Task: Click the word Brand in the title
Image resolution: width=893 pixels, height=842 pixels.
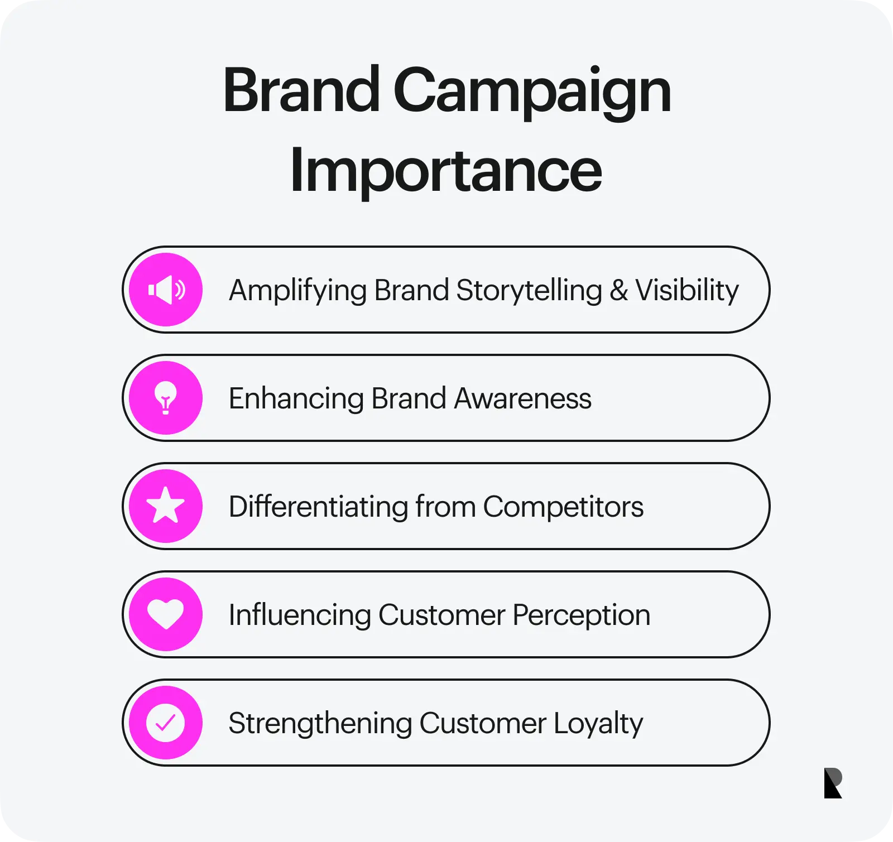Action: [301, 90]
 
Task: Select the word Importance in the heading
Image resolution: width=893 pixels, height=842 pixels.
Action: [446, 170]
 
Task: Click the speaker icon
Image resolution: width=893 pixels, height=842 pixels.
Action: [166, 290]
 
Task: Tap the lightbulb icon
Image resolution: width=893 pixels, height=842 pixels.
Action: [166, 398]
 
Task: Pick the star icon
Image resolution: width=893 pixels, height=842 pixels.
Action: [166, 506]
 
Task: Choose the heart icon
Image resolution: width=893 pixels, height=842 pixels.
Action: [166, 614]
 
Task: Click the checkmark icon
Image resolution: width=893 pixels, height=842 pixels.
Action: [166, 723]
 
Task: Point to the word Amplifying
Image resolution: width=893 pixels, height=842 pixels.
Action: [297, 291]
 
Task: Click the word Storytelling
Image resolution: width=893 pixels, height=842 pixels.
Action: [529, 291]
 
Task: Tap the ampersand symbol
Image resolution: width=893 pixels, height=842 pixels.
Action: [618, 290]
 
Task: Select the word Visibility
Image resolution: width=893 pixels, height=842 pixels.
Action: [687, 291]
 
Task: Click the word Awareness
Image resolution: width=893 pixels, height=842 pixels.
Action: [522, 399]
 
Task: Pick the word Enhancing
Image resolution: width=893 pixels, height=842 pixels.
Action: [296, 400]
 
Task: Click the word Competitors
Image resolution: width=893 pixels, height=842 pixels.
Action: [563, 507]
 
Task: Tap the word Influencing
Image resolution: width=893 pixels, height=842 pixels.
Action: [299, 615]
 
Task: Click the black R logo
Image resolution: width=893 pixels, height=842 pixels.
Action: [833, 783]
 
